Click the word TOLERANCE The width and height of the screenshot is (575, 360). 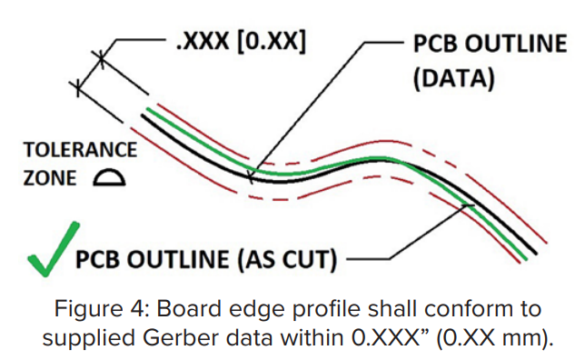[x=80, y=150]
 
